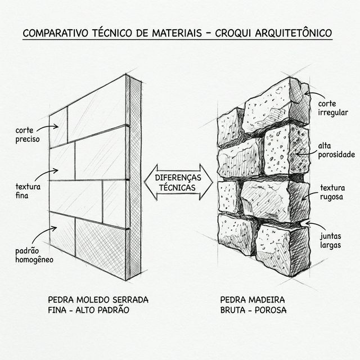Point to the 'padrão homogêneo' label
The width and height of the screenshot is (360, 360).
34,254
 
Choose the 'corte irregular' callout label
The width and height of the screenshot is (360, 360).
333,108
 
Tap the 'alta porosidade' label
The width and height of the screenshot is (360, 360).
336,149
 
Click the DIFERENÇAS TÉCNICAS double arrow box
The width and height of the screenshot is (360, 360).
179,182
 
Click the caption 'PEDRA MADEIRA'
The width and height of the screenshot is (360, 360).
253,300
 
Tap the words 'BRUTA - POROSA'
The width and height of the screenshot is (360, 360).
253,310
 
